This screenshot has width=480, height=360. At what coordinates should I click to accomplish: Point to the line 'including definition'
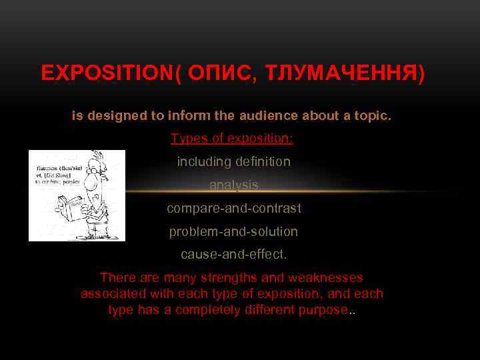click(x=233, y=162)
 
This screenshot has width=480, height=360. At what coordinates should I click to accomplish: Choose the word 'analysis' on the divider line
click(x=233, y=185)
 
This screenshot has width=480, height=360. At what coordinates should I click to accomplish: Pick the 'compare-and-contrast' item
click(x=233, y=209)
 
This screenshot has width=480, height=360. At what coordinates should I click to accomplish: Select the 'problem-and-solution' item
click(x=233, y=232)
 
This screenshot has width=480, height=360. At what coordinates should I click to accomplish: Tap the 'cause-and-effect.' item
click(x=233, y=255)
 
